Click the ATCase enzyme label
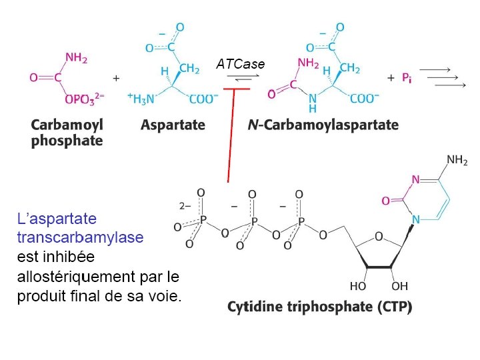click(240, 65)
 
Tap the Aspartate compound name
click(173, 125)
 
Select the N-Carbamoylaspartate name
click(323, 125)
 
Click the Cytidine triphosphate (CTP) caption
click(320, 307)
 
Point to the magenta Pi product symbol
click(407, 78)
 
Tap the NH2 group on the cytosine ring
click(457, 160)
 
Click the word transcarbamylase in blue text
click(80, 237)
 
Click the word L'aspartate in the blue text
click(57, 219)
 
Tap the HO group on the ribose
click(358, 286)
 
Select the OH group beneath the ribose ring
click(399, 286)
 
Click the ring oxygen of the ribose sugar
click(379, 236)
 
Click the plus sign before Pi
click(391, 78)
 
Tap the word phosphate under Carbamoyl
click(67, 141)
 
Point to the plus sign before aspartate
click(116, 78)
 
